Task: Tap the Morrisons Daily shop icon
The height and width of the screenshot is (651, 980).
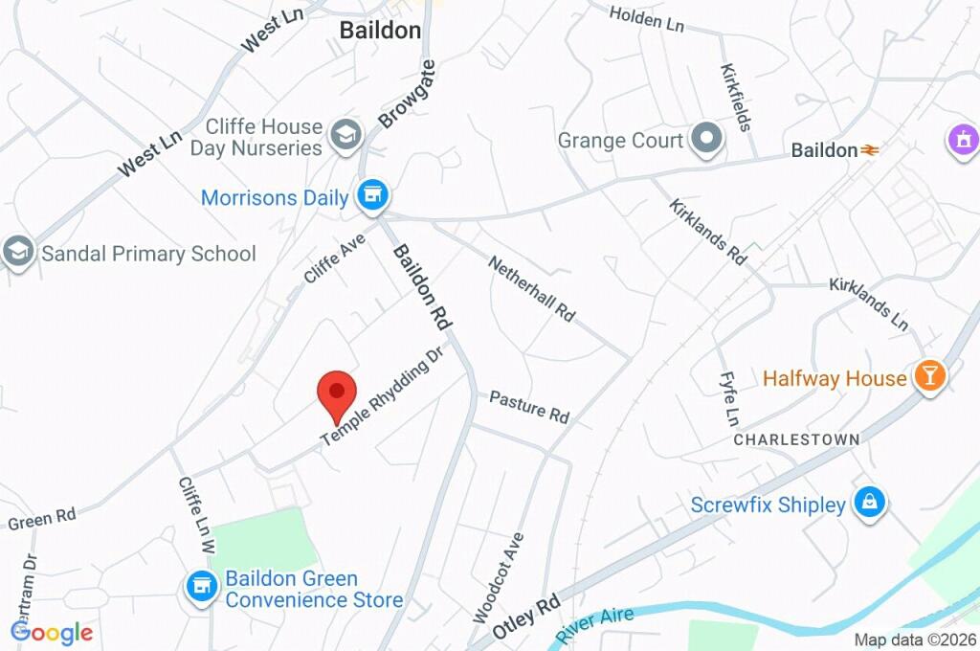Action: (372, 196)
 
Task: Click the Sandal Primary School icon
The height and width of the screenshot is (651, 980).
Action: (16, 254)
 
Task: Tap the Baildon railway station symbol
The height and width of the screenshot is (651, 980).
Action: (869, 150)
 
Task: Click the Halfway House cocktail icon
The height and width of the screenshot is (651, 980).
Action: (928, 376)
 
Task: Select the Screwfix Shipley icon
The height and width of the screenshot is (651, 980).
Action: (869, 502)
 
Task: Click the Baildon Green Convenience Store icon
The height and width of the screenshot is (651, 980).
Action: (201, 585)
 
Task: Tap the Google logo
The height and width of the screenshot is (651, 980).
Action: (52, 632)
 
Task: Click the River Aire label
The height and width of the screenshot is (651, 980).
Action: (595, 625)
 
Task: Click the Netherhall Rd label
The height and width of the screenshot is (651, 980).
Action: (532, 287)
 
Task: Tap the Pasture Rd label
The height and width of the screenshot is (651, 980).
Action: (529, 406)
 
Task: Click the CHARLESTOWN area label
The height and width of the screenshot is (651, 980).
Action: (796, 438)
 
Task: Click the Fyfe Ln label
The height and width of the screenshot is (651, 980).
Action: (729, 399)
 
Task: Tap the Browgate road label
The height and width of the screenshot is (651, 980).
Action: (407, 93)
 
